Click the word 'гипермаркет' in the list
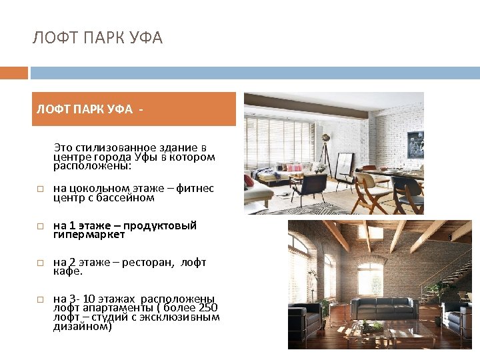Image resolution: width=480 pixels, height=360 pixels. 89,235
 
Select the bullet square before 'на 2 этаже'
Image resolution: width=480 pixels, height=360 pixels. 40,263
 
